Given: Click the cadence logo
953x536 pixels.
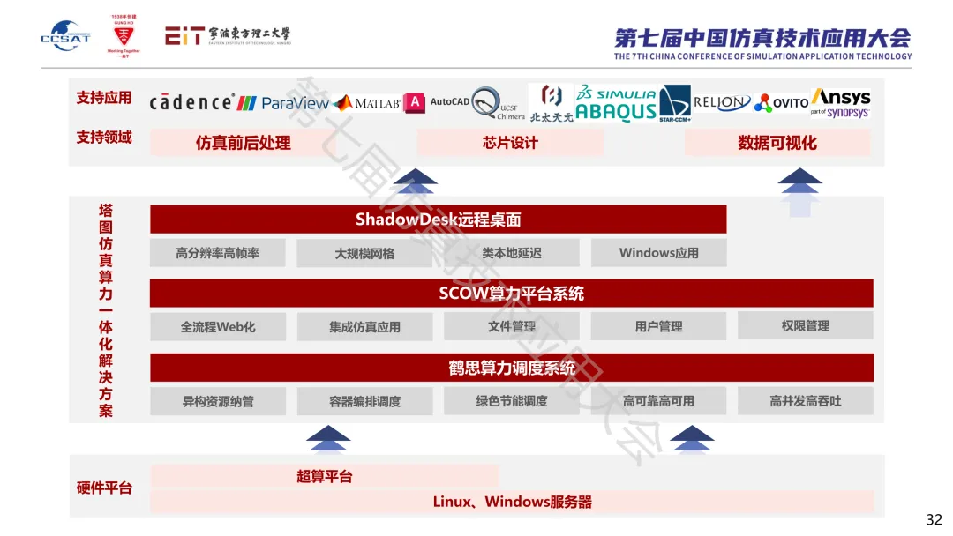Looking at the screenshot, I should pos(191,102).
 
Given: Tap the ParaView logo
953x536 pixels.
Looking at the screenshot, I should pos(283,103).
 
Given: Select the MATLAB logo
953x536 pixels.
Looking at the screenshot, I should pos(367,103).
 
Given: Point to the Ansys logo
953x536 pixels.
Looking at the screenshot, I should pos(840,101).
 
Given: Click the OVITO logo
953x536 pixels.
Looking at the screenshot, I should pos(781,103).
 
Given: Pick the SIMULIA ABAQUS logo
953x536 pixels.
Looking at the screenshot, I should pos(616,103).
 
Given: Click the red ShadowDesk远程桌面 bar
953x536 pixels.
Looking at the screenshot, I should pos(438,220).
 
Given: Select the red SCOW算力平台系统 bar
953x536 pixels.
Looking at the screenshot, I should pos(511,294).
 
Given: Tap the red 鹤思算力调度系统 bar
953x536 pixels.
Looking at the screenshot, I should pos(511,368).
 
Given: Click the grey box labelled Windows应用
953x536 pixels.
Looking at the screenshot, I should pos(658,253).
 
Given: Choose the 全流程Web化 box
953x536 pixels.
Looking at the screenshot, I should pos(218,327).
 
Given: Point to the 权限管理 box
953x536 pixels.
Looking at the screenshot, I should pos(805,326).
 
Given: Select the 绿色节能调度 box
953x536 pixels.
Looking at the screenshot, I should pos(511,401).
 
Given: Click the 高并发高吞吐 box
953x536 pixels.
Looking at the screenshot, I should pos(805,401).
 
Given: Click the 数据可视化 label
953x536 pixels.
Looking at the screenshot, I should pos(777,143).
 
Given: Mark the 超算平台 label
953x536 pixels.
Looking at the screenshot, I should pos(324,477).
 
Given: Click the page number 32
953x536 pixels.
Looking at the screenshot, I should pos(934,519).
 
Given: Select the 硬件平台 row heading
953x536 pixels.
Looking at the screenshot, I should pos(104,488).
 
